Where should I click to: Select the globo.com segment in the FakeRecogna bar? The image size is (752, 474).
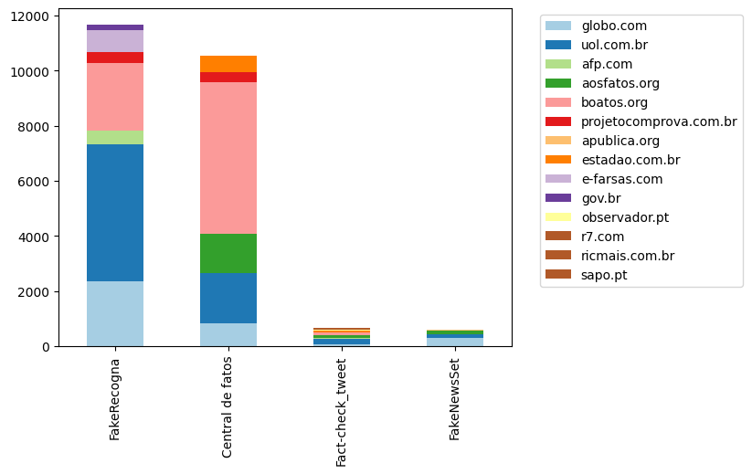115,313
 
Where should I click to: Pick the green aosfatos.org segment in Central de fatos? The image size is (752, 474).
228,254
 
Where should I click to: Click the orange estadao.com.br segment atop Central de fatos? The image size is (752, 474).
228,64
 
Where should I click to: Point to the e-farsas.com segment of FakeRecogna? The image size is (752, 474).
115,41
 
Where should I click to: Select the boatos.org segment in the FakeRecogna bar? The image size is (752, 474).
115,97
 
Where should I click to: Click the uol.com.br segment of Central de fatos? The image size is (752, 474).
228,298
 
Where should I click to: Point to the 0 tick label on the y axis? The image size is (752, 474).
47,347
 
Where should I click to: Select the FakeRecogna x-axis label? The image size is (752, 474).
115,399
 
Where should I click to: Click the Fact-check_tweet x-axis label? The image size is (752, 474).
342,411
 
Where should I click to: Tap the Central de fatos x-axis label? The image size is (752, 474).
228,407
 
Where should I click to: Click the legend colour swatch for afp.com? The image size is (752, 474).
559,64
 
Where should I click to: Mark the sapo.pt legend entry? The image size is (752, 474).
604,275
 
